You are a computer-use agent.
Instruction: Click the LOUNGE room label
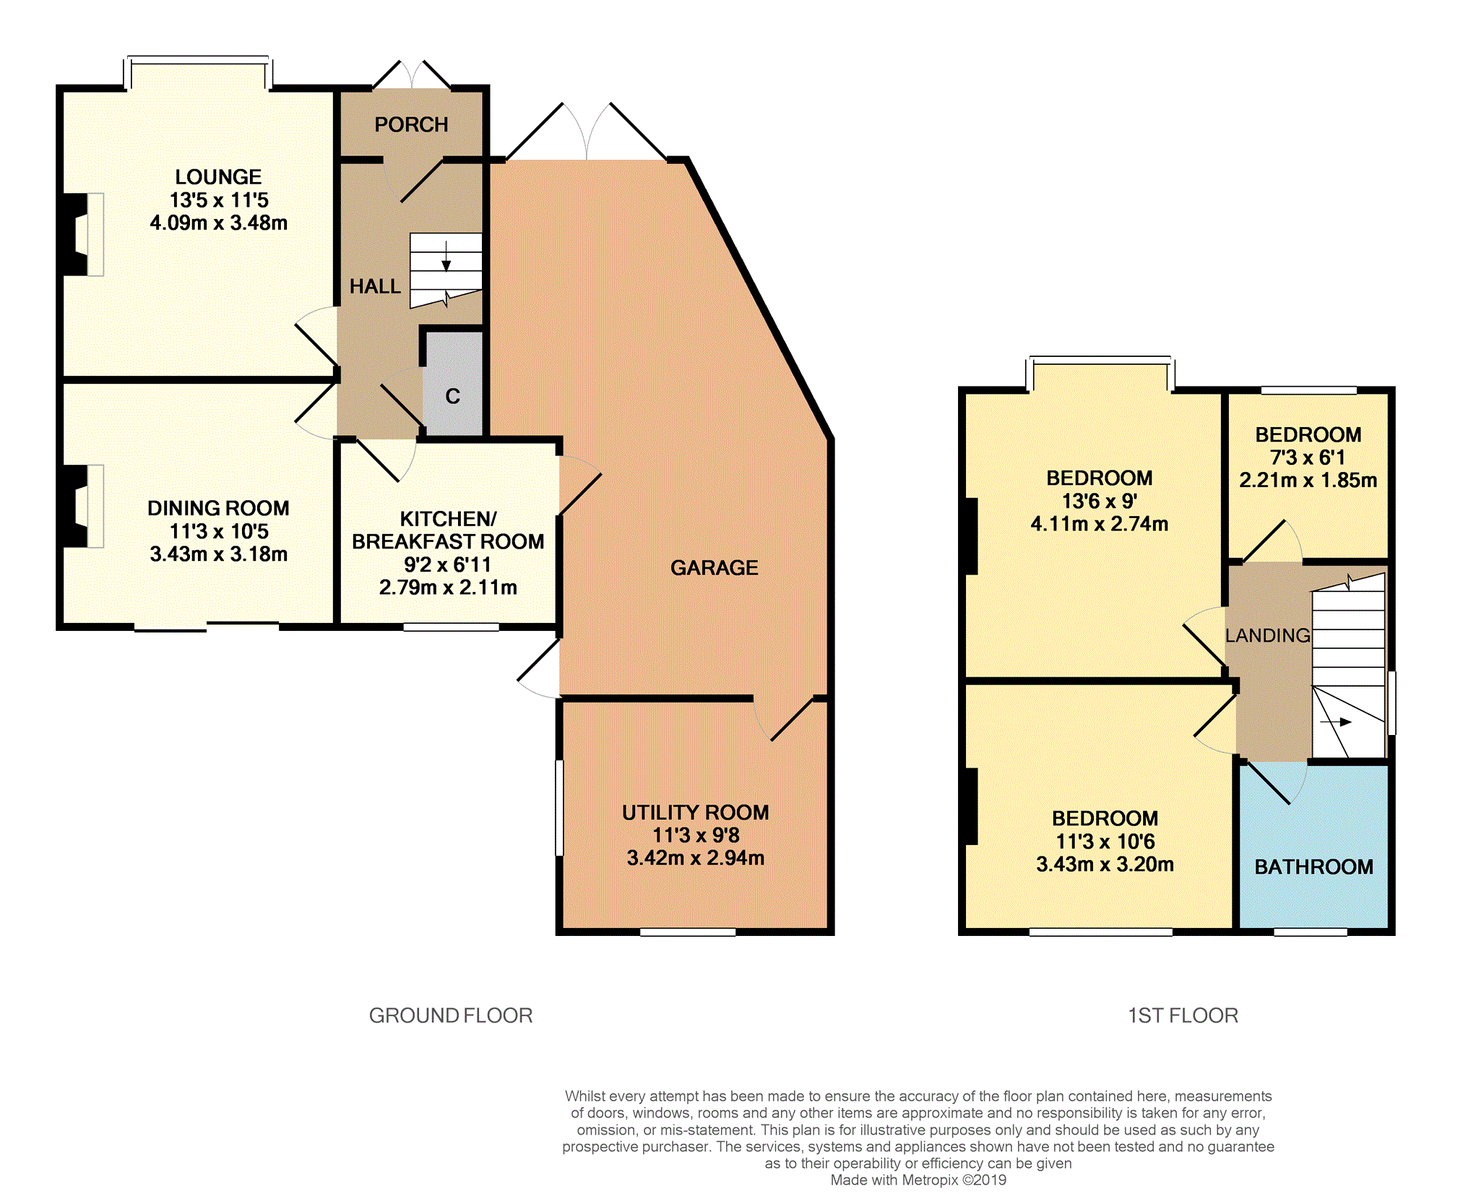coord(218,177)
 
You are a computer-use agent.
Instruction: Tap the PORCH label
coord(411,125)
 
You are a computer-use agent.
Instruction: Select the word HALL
coord(375,287)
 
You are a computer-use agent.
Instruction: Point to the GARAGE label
coord(715,568)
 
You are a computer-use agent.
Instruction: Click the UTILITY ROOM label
coord(696,812)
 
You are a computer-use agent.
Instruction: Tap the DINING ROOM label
coord(218,508)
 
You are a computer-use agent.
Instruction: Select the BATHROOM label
coord(1314,867)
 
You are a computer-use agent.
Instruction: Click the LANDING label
coord(1268,635)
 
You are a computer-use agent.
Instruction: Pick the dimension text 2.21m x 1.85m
coord(1308,480)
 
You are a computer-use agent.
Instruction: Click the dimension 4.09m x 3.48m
coord(219,223)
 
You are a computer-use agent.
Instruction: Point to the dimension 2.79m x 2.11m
coord(448,587)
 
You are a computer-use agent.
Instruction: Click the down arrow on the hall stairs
coord(446,257)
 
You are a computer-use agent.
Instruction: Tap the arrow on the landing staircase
coord(1336,722)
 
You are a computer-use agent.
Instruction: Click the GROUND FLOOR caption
coord(451,1015)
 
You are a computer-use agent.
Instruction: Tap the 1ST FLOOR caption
coord(1183,1015)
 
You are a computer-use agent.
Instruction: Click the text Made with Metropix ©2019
coord(918,1180)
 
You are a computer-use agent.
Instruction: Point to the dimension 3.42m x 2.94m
coord(696,858)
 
